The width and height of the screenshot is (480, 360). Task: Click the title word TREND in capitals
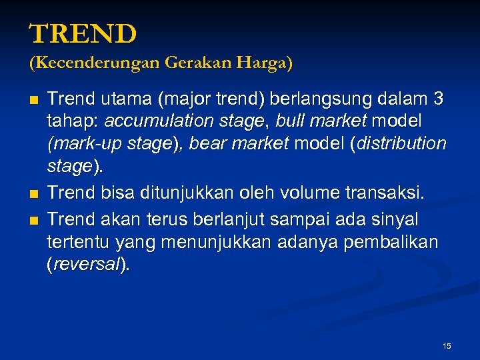pyautogui.click(x=83, y=33)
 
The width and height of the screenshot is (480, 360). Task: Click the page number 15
pyautogui.click(x=447, y=345)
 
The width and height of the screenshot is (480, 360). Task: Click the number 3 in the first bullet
pyautogui.click(x=438, y=100)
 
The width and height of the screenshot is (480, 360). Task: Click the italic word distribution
pyautogui.click(x=402, y=144)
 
